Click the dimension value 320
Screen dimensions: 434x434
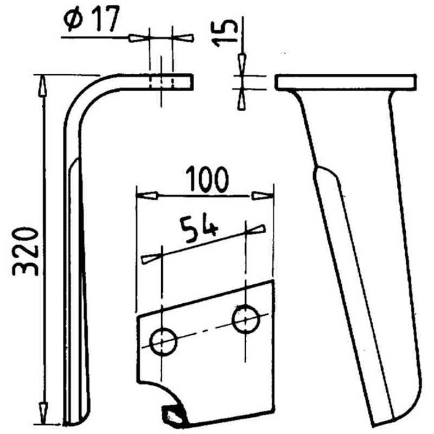click(x=25, y=252)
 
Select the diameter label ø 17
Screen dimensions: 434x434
click(x=92, y=18)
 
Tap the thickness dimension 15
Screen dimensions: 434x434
click(x=225, y=33)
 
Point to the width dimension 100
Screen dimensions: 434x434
click(x=207, y=180)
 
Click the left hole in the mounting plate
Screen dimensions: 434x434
click(x=163, y=342)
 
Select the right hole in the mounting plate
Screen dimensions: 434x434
click(x=246, y=319)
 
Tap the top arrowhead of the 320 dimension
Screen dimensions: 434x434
click(x=42, y=86)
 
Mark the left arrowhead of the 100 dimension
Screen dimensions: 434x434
click(x=147, y=196)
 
